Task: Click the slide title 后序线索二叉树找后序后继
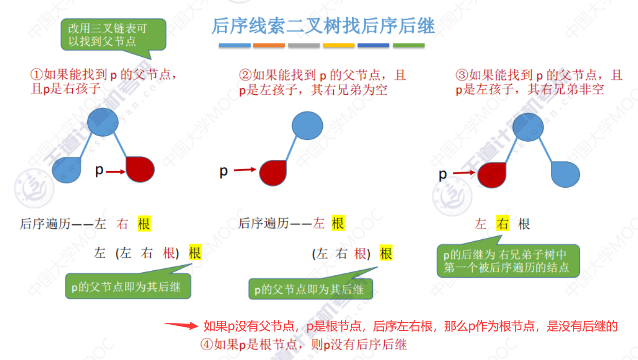pyautogui.click(x=323, y=26)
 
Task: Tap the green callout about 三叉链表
pyautogui.click(x=113, y=34)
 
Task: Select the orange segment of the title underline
pyautogui.click(x=269, y=45)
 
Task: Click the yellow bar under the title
pyautogui.click(x=339, y=45)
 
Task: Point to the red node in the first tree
pyautogui.click(x=140, y=169)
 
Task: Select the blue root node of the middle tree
pyautogui.click(x=307, y=125)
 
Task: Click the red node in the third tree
pyautogui.click(x=492, y=174)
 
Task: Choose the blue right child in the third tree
pyautogui.click(x=565, y=174)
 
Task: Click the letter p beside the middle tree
pyautogui.click(x=223, y=171)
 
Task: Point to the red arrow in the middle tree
pyautogui.click(x=245, y=169)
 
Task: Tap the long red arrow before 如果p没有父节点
pyautogui.click(x=181, y=325)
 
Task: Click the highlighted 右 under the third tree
pyautogui.click(x=502, y=224)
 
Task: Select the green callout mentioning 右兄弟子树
pyautogui.click(x=508, y=261)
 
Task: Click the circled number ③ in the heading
pyautogui.click(x=462, y=75)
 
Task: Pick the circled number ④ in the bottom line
pyautogui.click(x=207, y=344)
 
